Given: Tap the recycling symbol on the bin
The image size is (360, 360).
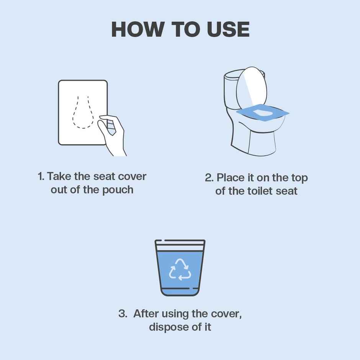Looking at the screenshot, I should [180, 269].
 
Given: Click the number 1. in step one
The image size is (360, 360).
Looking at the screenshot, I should [41, 177].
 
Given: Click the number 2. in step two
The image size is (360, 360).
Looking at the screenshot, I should [209, 178].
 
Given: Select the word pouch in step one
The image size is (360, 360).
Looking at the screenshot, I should [117, 190].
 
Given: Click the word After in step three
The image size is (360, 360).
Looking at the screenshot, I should [146, 314].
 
